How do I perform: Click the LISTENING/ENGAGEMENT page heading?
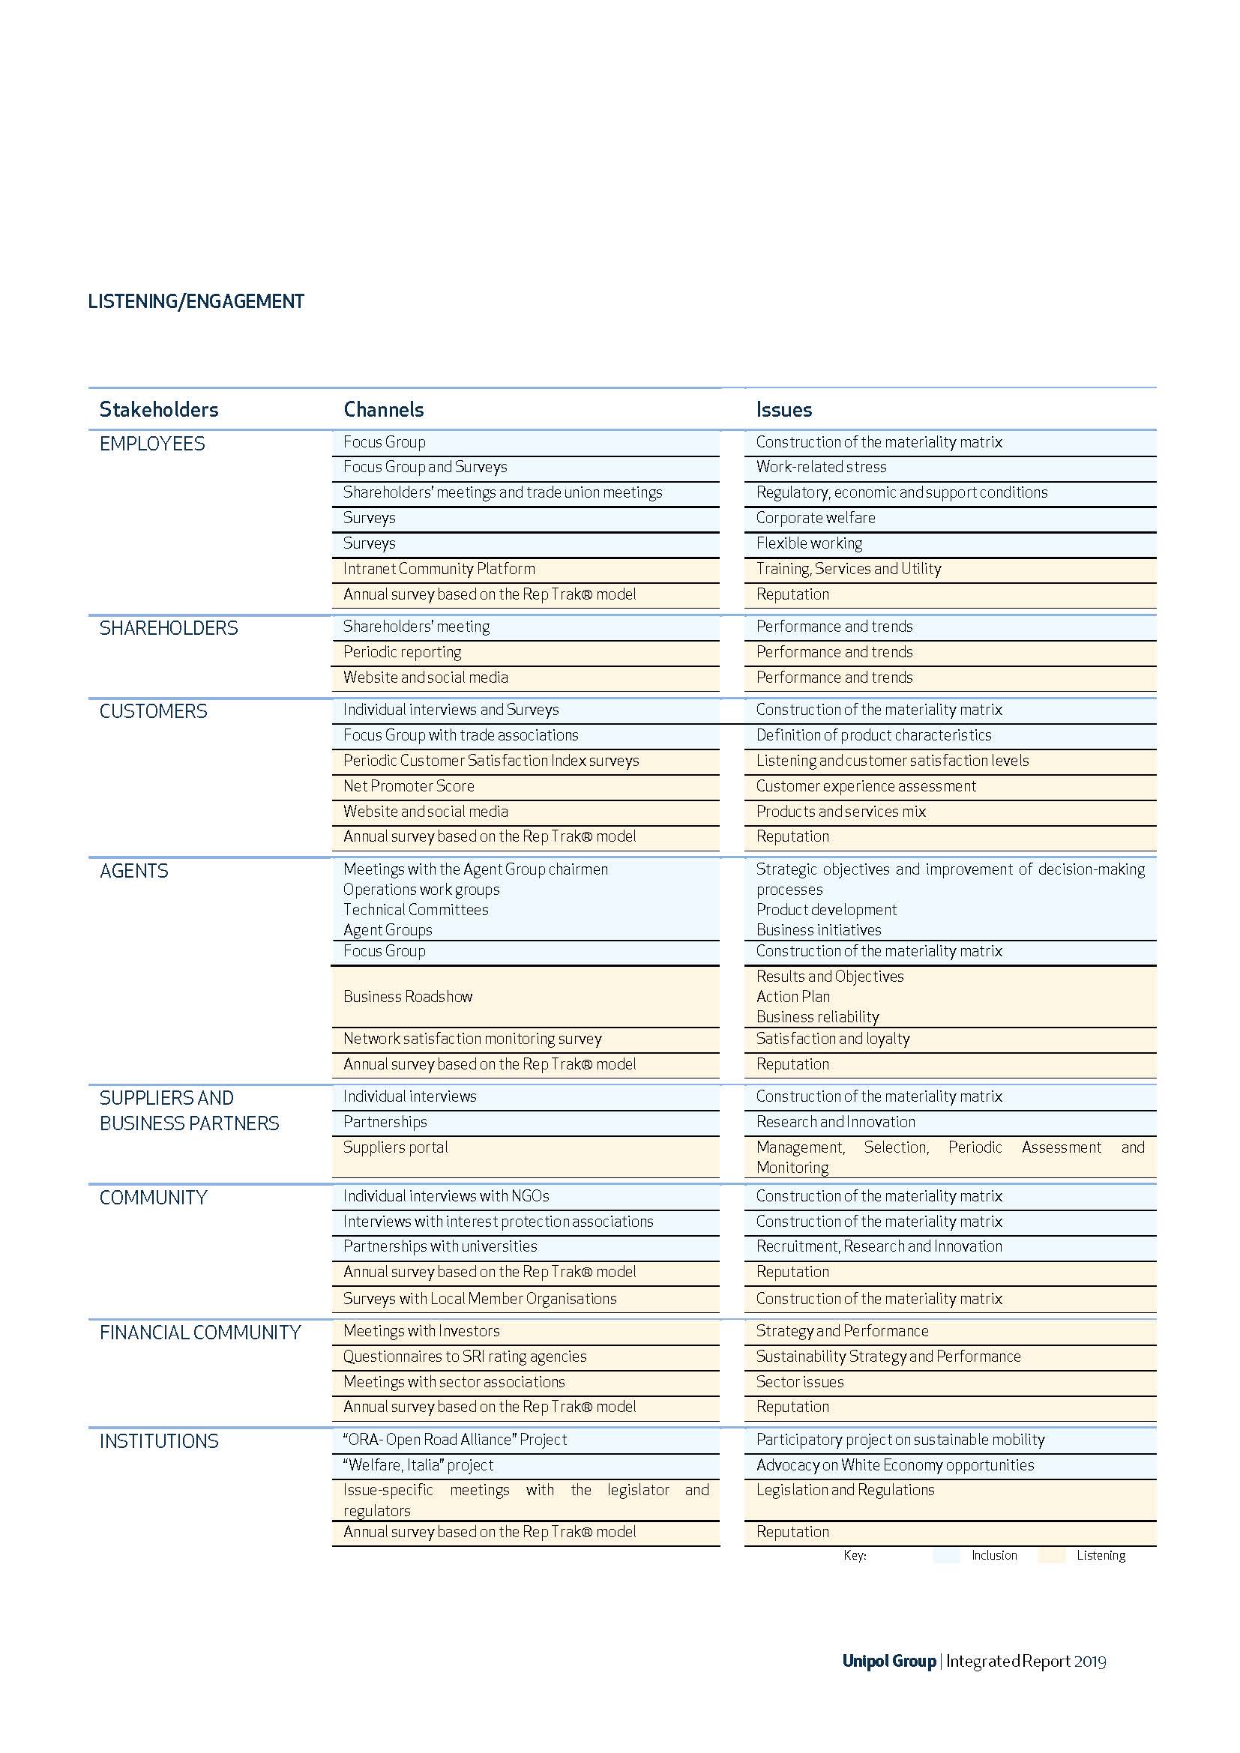[196, 301]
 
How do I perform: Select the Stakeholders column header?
[159, 410]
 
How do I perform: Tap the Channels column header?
[383, 410]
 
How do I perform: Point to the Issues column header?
[783, 410]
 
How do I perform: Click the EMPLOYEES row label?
[152, 444]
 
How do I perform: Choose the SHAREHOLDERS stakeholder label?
[169, 628]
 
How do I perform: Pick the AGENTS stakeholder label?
[133, 871]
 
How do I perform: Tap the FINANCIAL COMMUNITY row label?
[200, 1333]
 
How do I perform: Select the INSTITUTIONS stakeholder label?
[159, 1441]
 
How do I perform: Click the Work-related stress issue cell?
[821, 467]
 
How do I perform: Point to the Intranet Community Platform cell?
[439, 569]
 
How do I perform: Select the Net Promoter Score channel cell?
[409, 786]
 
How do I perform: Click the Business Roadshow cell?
[408, 997]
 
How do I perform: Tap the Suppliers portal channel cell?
[396, 1147]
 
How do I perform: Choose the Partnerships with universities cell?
[440, 1247]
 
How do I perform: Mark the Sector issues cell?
[799, 1382]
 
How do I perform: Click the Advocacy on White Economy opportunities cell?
[895, 1465]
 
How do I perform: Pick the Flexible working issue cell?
[809, 543]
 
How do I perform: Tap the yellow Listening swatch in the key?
[1051, 1556]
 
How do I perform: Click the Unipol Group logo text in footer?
[889, 1662]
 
